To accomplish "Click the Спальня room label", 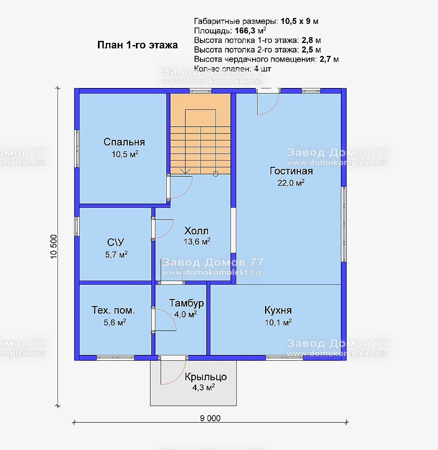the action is coord(124,142).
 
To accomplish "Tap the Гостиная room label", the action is coord(291,171).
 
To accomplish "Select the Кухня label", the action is coord(278,310).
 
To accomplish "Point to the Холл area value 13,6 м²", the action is coord(197,241).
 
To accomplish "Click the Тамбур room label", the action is coord(186,303).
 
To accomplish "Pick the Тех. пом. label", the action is coord(113,310).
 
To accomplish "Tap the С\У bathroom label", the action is coord(115,242).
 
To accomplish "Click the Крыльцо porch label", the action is coord(205,377).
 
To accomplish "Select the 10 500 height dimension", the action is coord(54,247).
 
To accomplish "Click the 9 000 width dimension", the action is coord(210,418).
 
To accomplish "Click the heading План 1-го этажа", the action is coord(138,45).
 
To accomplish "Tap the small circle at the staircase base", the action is coord(216,174).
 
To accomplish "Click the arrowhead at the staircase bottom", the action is coord(185,171).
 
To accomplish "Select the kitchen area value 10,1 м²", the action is coord(278,322).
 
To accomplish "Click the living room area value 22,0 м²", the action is coord(291,183).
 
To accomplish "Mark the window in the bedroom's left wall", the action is coord(77,148).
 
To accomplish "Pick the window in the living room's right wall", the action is coord(344,224).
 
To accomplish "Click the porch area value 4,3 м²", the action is coord(203,387).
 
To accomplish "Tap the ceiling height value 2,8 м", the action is coord(311,40).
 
